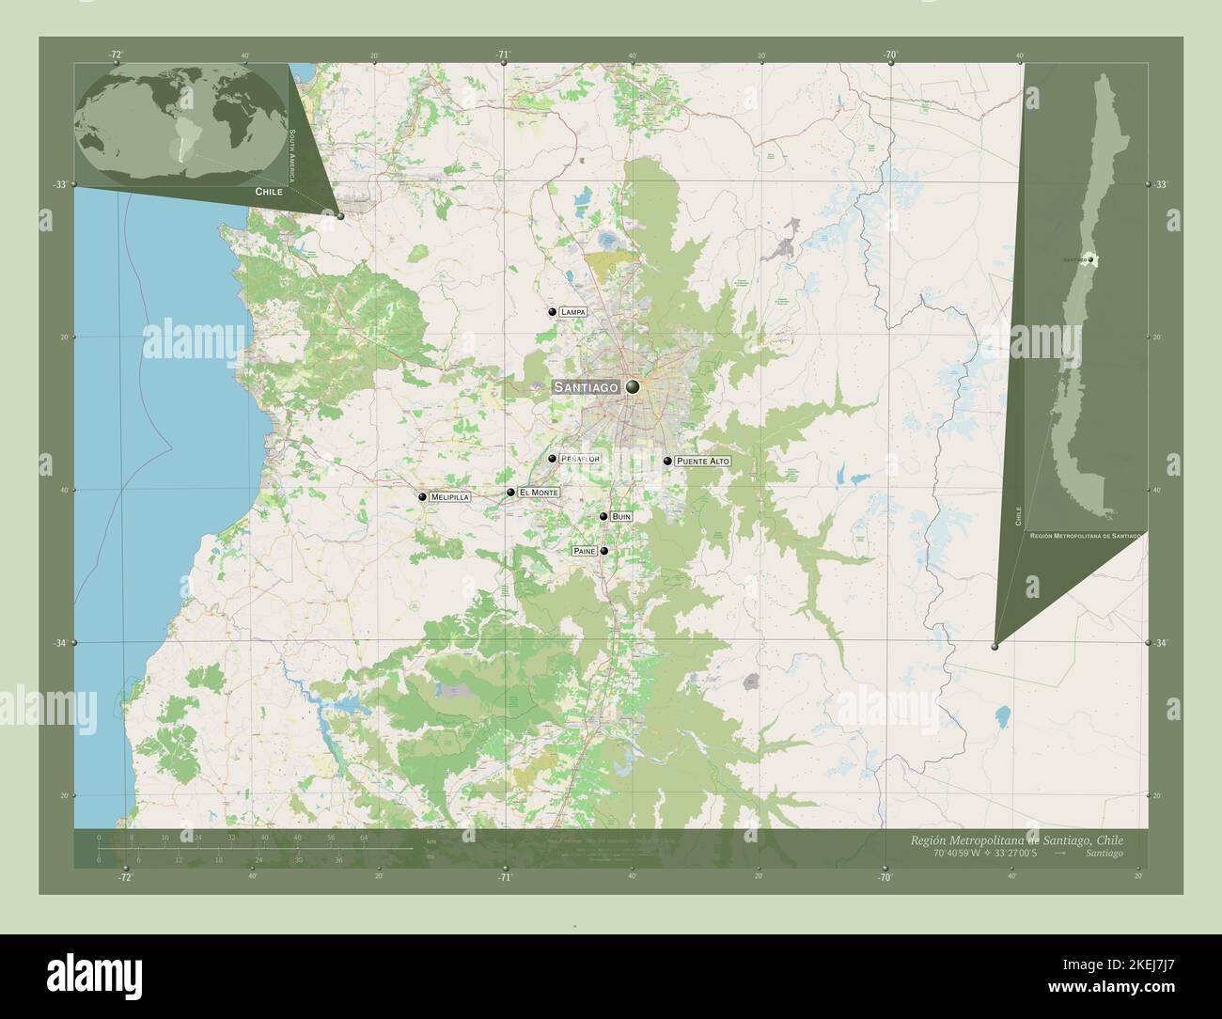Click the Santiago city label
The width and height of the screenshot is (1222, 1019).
point(585,387)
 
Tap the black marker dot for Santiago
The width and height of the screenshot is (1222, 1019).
point(633,386)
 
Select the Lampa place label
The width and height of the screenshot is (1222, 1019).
point(572,311)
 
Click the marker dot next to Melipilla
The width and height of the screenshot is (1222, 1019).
point(423,496)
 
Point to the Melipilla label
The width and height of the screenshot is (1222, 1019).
point(450,497)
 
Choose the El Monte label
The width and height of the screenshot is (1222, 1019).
point(539,493)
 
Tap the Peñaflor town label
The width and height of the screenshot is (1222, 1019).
point(579,459)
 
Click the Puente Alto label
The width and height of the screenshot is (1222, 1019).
point(702,462)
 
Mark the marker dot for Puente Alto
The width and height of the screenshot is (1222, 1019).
point(667,461)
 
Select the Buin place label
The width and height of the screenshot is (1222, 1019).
point(621,516)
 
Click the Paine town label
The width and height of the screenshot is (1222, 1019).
point(584,551)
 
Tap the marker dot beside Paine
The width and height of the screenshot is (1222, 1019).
point(604,551)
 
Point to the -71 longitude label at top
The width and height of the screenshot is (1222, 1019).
point(504,55)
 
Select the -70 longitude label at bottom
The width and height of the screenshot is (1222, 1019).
point(884,877)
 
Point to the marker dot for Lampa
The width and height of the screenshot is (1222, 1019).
point(552,311)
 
